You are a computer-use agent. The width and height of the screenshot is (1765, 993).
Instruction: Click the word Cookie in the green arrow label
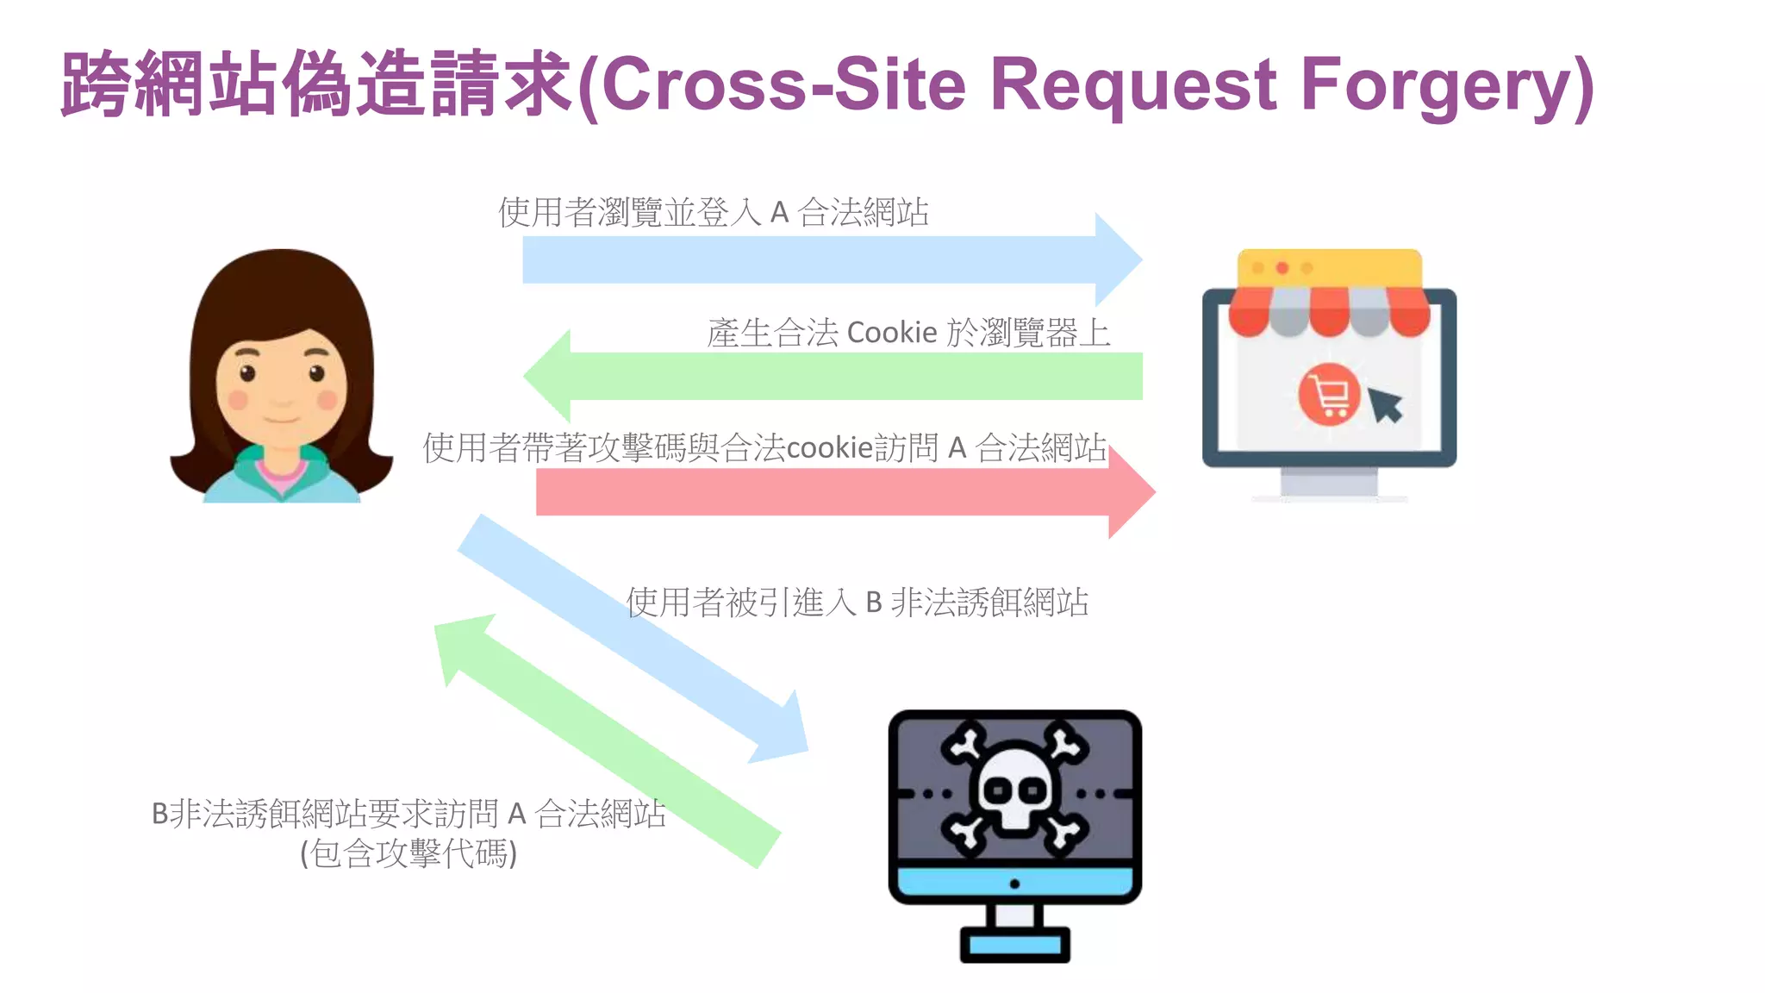tap(892, 333)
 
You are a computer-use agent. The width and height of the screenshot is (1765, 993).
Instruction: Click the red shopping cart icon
tap(1329, 396)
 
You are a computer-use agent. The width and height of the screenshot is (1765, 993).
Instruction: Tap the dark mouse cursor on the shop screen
tap(1386, 404)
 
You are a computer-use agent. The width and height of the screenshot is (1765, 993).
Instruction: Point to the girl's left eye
tap(247, 373)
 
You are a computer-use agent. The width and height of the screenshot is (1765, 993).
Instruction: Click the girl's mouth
tap(281, 420)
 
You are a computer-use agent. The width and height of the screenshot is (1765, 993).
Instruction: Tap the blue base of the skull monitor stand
tap(1014, 945)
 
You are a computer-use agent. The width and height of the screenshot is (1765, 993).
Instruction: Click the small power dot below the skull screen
tap(1014, 884)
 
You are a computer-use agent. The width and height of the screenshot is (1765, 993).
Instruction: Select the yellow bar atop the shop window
tap(1329, 268)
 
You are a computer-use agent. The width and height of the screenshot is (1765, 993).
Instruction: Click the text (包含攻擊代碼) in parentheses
tap(409, 853)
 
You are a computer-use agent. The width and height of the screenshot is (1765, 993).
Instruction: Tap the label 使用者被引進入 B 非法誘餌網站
tap(857, 602)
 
